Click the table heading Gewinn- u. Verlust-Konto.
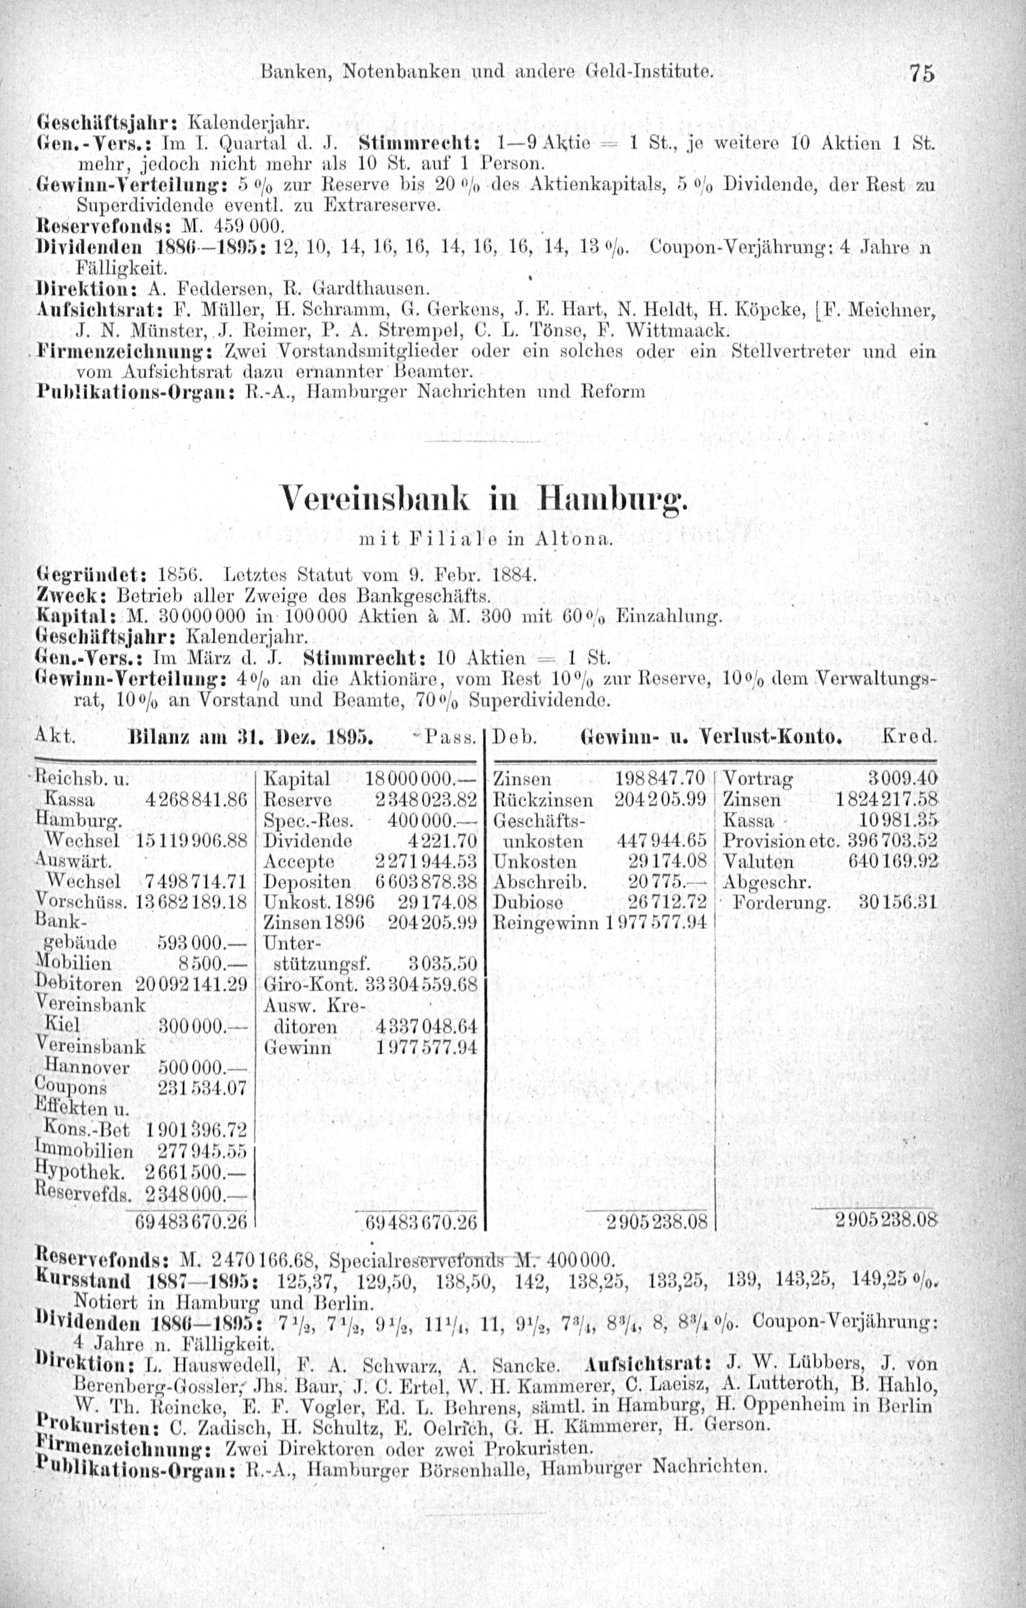(711, 738)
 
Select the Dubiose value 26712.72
(667, 903)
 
